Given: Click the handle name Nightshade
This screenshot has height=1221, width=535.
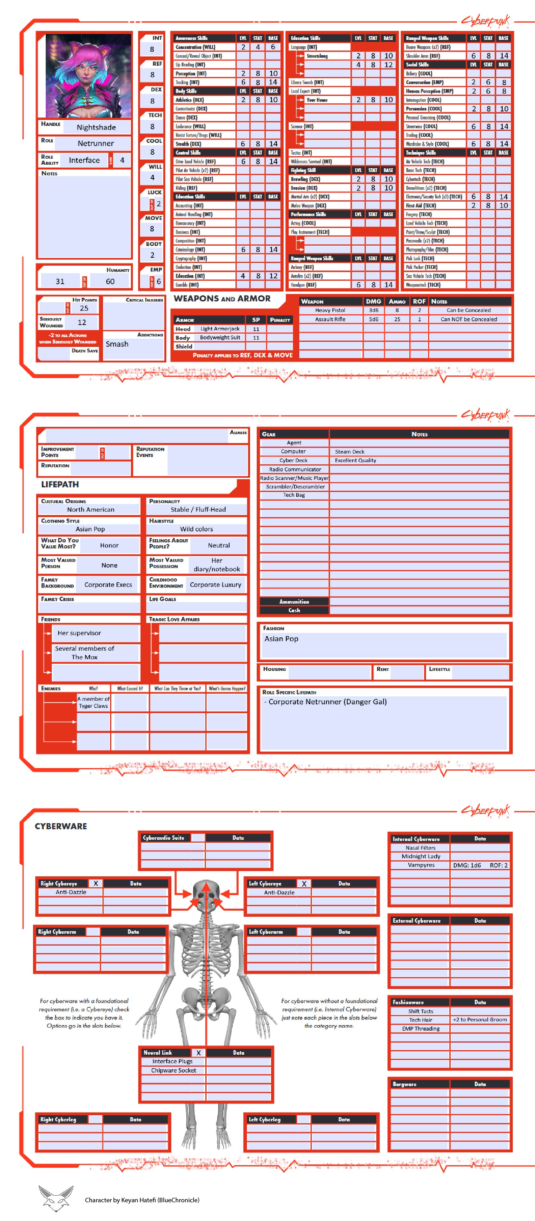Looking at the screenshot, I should (x=96, y=127).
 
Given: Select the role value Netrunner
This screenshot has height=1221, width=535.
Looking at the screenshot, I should (x=96, y=143).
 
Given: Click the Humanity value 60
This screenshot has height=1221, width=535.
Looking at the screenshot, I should (x=110, y=281).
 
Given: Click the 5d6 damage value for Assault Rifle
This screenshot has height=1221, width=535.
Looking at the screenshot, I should (x=373, y=319).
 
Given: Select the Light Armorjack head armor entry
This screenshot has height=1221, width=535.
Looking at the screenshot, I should (x=220, y=328).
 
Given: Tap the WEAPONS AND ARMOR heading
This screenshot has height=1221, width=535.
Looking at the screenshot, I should (x=222, y=298).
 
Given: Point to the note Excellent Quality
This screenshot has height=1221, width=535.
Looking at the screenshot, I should (x=355, y=460).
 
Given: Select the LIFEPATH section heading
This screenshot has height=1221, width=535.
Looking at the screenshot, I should (x=60, y=484).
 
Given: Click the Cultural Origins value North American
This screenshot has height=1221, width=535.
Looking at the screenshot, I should (x=90, y=509).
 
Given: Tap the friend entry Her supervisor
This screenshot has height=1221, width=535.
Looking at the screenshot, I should (x=79, y=633).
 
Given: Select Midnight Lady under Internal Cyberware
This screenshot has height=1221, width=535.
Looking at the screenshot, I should (x=421, y=856).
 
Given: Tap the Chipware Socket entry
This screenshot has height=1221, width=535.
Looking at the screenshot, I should (x=174, y=1070).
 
